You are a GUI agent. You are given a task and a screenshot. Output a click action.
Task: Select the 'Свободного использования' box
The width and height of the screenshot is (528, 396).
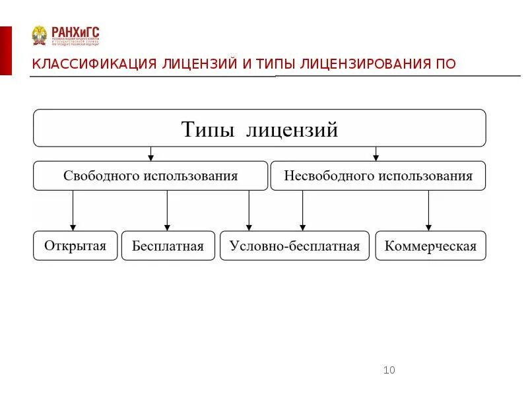coord(150,176)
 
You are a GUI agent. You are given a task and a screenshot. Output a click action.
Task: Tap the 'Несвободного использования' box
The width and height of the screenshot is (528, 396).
coord(378,176)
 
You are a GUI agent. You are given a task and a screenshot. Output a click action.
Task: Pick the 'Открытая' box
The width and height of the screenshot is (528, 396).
coord(75,246)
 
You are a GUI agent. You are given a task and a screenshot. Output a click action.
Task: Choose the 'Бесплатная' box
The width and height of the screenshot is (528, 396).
coord(168,246)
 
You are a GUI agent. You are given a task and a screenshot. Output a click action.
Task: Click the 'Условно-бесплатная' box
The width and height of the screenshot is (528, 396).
coord(294,246)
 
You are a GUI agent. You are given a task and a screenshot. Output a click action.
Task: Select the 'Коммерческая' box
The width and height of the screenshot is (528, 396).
coord(430,246)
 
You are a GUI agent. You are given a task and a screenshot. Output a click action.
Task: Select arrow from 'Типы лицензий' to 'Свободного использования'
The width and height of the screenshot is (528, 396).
coord(151,153)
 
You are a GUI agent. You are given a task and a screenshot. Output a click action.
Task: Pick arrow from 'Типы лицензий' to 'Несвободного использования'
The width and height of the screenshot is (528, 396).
coord(376,153)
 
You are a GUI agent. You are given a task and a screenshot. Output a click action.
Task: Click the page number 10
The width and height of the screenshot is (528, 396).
coord(389,370)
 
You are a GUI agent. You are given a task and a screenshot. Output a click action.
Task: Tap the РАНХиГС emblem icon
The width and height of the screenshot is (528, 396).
coord(40,35)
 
